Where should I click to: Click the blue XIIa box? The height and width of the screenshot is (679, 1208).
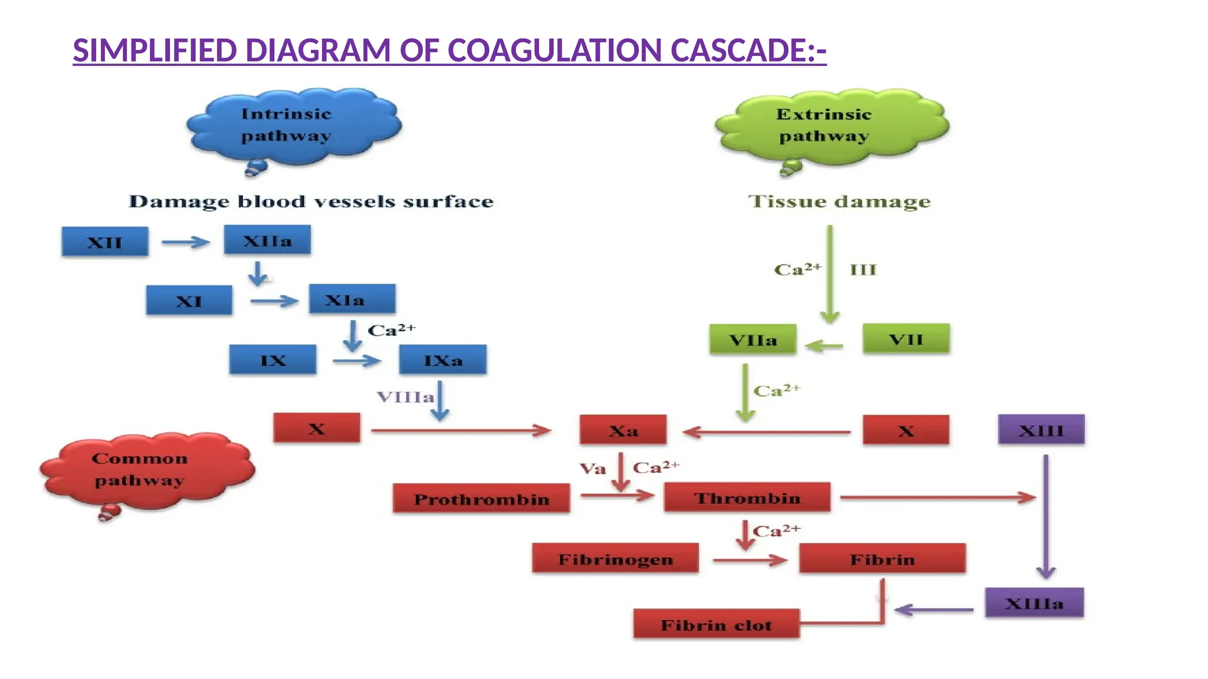point(267,240)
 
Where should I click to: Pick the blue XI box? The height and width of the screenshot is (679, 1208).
point(189,301)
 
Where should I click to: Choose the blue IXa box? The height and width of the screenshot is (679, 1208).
point(442,360)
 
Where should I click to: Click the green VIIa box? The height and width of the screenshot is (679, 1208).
point(753,339)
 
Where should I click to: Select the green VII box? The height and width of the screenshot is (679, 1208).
point(906,339)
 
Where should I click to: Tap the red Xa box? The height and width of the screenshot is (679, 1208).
point(623,430)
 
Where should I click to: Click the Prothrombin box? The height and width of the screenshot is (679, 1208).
point(481,499)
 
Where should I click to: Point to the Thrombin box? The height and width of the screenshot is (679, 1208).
point(747,497)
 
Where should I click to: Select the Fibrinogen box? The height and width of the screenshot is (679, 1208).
point(615,558)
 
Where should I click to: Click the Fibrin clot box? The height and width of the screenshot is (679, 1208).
point(716,624)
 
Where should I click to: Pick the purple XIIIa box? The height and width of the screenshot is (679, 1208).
point(1034,603)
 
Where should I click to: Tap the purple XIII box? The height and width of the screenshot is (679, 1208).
point(1041,430)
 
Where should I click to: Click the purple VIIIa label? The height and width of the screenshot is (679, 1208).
point(405,397)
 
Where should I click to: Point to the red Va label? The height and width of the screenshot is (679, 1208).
point(593,469)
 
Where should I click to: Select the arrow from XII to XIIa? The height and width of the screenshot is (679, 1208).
point(186,242)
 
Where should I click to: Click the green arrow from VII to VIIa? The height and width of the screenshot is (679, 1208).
point(824,346)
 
